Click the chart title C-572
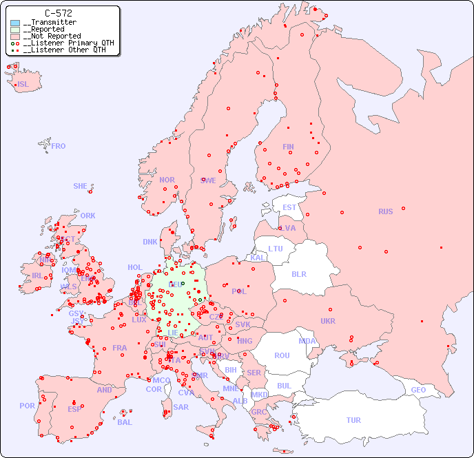click(58, 13)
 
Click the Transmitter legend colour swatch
click(15, 23)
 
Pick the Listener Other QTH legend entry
click(64, 50)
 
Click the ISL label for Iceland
click(23, 85)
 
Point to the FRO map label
click(59, 146)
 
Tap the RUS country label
click(385, 211)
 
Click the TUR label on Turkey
click(353, 420)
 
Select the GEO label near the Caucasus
click(418, 391)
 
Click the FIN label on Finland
click(288, 147)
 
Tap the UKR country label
click(328, 321)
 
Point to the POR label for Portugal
click(27, 406)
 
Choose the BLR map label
click(299, 273)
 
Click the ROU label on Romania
click(282, 355)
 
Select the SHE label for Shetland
click(81, 186)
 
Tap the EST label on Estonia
click(289, 207)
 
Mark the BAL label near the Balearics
click(125, 422)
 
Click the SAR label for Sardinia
click(181, 407)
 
